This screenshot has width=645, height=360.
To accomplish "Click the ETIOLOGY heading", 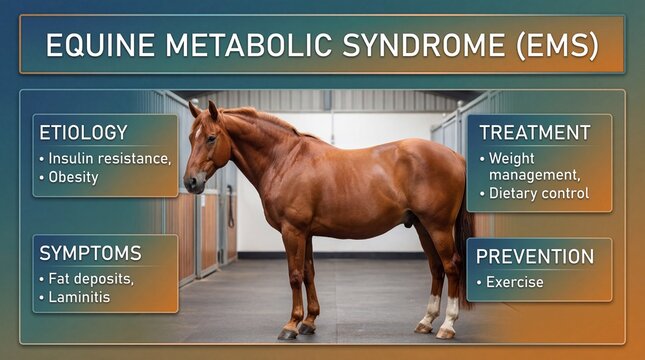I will click(83, 133).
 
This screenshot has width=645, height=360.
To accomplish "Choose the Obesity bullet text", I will click(74, 177).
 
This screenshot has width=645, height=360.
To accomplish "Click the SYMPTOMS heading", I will click(90, 253).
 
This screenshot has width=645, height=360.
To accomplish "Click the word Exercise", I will click(515, 282).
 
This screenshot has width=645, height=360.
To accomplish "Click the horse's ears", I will click(204, 108).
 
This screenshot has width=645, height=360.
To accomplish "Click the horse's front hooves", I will click(297, 328).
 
